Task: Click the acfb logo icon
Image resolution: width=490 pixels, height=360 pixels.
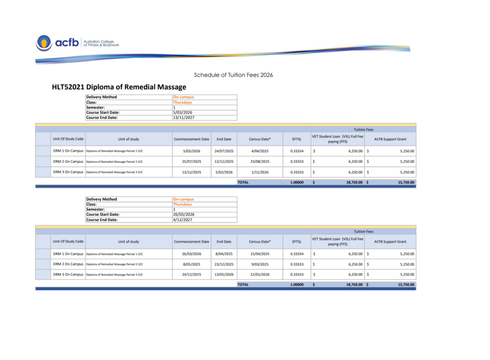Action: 44,43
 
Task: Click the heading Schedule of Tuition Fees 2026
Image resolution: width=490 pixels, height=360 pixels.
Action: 233,75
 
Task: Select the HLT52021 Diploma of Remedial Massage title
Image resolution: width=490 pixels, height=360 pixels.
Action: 119,87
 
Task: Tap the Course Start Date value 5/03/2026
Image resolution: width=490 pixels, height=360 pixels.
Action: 182,112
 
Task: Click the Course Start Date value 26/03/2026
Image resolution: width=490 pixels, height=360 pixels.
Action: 183,214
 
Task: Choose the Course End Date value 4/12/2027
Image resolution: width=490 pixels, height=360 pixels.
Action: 182,220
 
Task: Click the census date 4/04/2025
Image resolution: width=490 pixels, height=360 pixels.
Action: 260,151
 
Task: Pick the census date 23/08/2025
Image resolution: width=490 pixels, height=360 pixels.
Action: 260,162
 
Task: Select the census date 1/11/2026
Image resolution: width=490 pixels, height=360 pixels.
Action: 260,172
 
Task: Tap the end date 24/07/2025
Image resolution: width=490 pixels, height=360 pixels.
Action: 223,151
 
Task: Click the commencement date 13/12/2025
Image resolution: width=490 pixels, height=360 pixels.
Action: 191,172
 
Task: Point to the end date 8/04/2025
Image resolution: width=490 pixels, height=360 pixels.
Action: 223,254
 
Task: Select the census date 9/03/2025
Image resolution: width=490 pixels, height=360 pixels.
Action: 260,264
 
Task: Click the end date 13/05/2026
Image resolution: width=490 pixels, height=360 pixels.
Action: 223,275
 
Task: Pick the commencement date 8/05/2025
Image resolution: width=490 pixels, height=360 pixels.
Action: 191,264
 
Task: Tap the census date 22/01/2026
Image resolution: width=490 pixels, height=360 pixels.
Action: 260,275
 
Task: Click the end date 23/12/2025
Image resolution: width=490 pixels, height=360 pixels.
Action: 223,264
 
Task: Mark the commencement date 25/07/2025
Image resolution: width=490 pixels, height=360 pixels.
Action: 191,162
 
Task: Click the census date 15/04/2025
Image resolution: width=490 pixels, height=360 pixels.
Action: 260,254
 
